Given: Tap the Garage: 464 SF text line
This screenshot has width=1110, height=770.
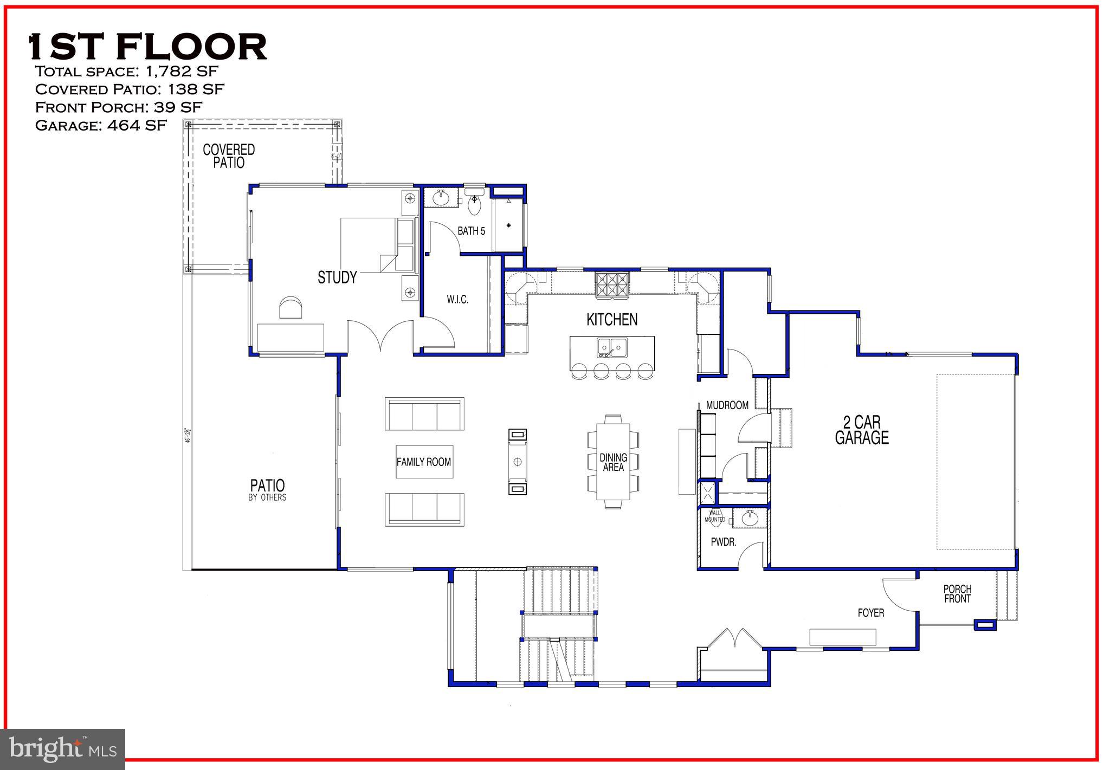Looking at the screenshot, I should tap(101, 125).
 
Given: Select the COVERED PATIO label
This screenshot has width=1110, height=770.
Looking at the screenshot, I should tap(229, 156).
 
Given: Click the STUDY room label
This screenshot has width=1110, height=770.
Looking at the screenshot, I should tap(337, 277).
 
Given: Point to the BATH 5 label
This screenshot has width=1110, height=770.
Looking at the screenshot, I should tap(471, 231).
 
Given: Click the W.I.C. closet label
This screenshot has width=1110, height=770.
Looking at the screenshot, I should tap(457, 300).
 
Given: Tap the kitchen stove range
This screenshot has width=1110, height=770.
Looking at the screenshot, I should tap(612, 285).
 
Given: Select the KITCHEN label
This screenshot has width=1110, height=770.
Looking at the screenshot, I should tap(612, 320).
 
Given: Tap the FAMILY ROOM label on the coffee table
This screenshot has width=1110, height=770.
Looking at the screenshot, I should tap(424, 462).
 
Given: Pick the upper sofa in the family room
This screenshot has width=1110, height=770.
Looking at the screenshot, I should tap(424, 414).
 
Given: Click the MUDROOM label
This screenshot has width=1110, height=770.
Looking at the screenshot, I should tap(727, 405).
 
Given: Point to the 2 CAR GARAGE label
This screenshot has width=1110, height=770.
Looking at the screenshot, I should tap(862, 430).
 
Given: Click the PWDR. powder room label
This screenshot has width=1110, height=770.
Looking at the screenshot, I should tap(724, 542).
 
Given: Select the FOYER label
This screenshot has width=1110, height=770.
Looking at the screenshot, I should tap(871, 613).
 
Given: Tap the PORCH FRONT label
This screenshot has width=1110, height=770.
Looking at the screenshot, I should tap(957, 594).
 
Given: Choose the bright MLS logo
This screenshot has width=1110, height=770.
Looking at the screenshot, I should tap(63, 749).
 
